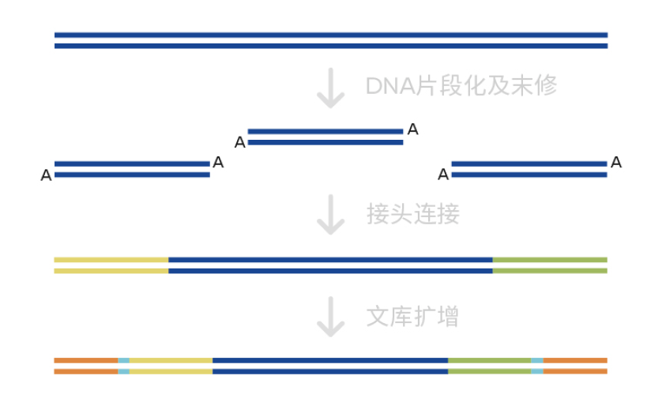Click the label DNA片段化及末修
point(461,86)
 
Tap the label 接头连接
point(412,214)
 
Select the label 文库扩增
point(412,317)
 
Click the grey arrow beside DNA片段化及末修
point(330,88)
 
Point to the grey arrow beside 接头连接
point(330,215)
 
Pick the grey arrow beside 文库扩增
point(330,317)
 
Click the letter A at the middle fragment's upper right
point(412,130)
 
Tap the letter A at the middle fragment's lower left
point(240,143)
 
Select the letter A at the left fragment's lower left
point(46,175)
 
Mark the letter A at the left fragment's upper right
point(218,163)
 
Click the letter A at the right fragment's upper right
point(616,163)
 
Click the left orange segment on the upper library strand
point(85,360)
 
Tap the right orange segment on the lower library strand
point(575,371)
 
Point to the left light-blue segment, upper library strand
point(123,360)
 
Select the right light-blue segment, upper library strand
point(537,360)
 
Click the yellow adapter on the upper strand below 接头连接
point(111,260)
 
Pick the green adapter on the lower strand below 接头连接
point(550,271)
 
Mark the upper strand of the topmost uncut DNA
point(330,35)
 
